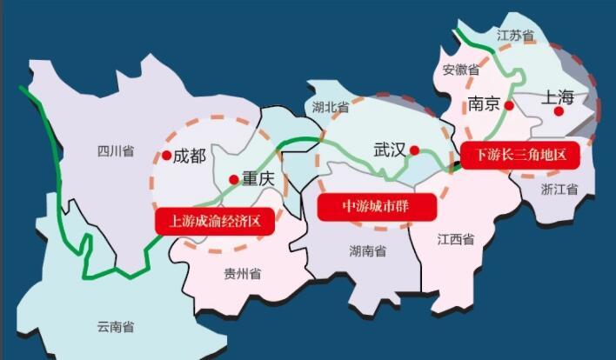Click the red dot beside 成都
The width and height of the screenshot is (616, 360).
(x=166, y=156)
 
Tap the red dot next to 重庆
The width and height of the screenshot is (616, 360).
(x=233, y=180)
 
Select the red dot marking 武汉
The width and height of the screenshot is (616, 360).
(x=415, y=150)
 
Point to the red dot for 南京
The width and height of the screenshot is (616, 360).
(x=510, y=105)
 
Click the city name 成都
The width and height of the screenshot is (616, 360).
(x=190, y=157)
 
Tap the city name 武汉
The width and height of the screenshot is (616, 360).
(x=390, y=150)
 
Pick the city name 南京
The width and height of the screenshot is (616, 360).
(x=484, y=104)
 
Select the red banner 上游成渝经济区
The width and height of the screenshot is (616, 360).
(x=215, y=221)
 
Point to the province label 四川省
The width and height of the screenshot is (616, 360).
(x=116, y=150)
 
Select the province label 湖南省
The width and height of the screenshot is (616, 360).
(x=368, y=251)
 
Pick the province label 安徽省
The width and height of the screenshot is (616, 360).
(x=461, y=70)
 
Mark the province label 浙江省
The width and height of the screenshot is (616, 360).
(x=559, y=189)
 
